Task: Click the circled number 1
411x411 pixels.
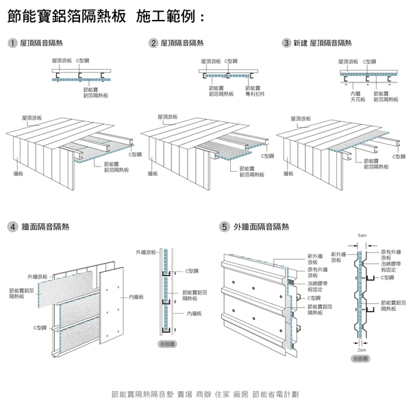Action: [13, 43]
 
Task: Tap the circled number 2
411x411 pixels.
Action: [153, 43]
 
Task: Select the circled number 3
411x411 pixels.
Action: [286, 43]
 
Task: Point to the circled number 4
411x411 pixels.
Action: [13, 226]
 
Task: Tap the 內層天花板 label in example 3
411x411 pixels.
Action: [357, 96]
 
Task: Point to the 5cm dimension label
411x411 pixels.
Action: [362, 236]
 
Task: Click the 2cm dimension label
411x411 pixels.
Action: [362, 349]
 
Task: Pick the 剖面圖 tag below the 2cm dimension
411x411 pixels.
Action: [361, 358]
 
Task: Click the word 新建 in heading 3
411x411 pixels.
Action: [300, 43]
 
